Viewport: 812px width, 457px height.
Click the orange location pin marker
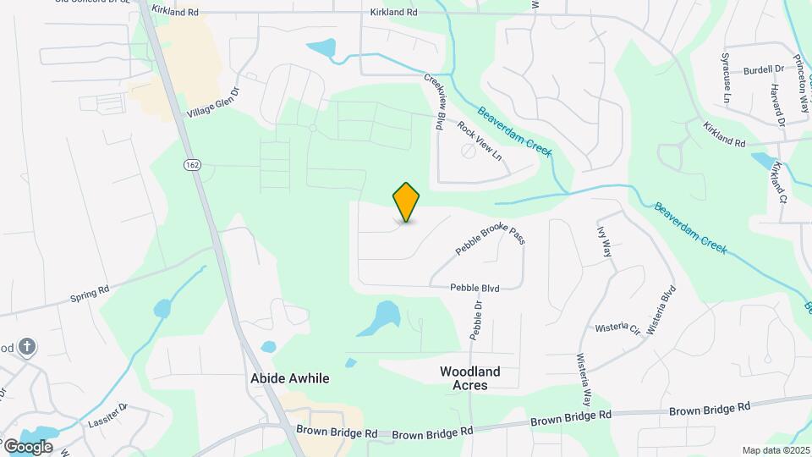click(x=407, y=202)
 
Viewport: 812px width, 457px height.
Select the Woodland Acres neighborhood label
click(x=470, y=377)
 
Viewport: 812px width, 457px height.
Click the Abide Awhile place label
click(x=290, y=378)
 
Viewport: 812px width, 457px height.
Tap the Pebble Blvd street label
click(x=475, y=289)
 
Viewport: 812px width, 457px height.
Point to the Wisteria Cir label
click(x=618, y=328)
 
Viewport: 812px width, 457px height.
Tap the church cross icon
click(x=28, y=346)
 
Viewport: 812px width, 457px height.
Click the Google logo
click(x=27, y=446)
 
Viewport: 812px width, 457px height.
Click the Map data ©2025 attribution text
click(x=776, y=450)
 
